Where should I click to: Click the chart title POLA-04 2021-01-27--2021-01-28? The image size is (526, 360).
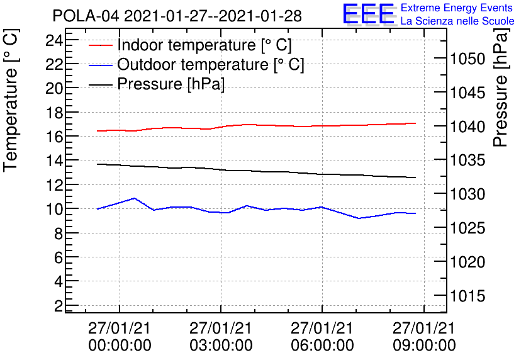click(x=177, y=16)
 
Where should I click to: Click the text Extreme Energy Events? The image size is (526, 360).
click(x=457, y=8)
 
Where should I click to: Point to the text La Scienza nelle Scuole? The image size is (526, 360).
click(x=457, y=21)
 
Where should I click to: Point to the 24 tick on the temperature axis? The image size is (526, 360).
click(x=55, y=40)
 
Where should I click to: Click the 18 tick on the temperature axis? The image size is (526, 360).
click(x=55, y=113)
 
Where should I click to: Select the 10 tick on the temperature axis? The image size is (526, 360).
click(x=55, y=209)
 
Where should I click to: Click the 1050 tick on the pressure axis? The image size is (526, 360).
click(x=468, y=59)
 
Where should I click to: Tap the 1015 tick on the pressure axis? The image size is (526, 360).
click(x=468, y=296)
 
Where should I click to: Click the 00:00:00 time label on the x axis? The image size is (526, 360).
click(x=120, y=345)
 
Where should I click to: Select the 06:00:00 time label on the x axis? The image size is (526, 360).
click(x=322, y=345)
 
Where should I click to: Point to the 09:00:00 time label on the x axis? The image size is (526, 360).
click(x=424, y=345)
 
